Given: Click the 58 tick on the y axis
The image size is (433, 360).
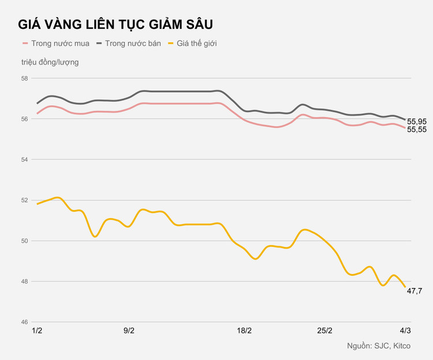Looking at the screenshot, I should [x=24, y=78].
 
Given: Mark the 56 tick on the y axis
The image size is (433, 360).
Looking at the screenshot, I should [x=24, y=119].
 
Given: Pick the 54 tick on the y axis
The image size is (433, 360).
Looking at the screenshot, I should [x=24, y=159].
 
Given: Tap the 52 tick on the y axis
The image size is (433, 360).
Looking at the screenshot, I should [x=24, y=200].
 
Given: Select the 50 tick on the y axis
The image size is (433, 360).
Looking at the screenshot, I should [x=24, y=241].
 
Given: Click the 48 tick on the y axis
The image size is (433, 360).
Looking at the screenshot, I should [x=24, y=282].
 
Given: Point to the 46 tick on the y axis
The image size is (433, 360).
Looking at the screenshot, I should [x=24, y=322].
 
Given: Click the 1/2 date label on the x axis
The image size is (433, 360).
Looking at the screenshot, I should [x=38, y=331].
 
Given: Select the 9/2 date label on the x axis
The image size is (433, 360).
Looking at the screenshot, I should [x=129, y=331].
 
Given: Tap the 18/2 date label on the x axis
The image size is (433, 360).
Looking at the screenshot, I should [x=245, y=331].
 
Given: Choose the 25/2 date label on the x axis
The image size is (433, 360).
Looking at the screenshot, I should [x=325, y=331].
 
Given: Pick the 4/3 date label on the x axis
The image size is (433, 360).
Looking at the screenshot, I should [x=405, y=331].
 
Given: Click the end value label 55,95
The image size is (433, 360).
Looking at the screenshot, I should [x=417, y=121].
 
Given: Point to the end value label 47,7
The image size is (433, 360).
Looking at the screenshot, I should [x=415, y=290].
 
